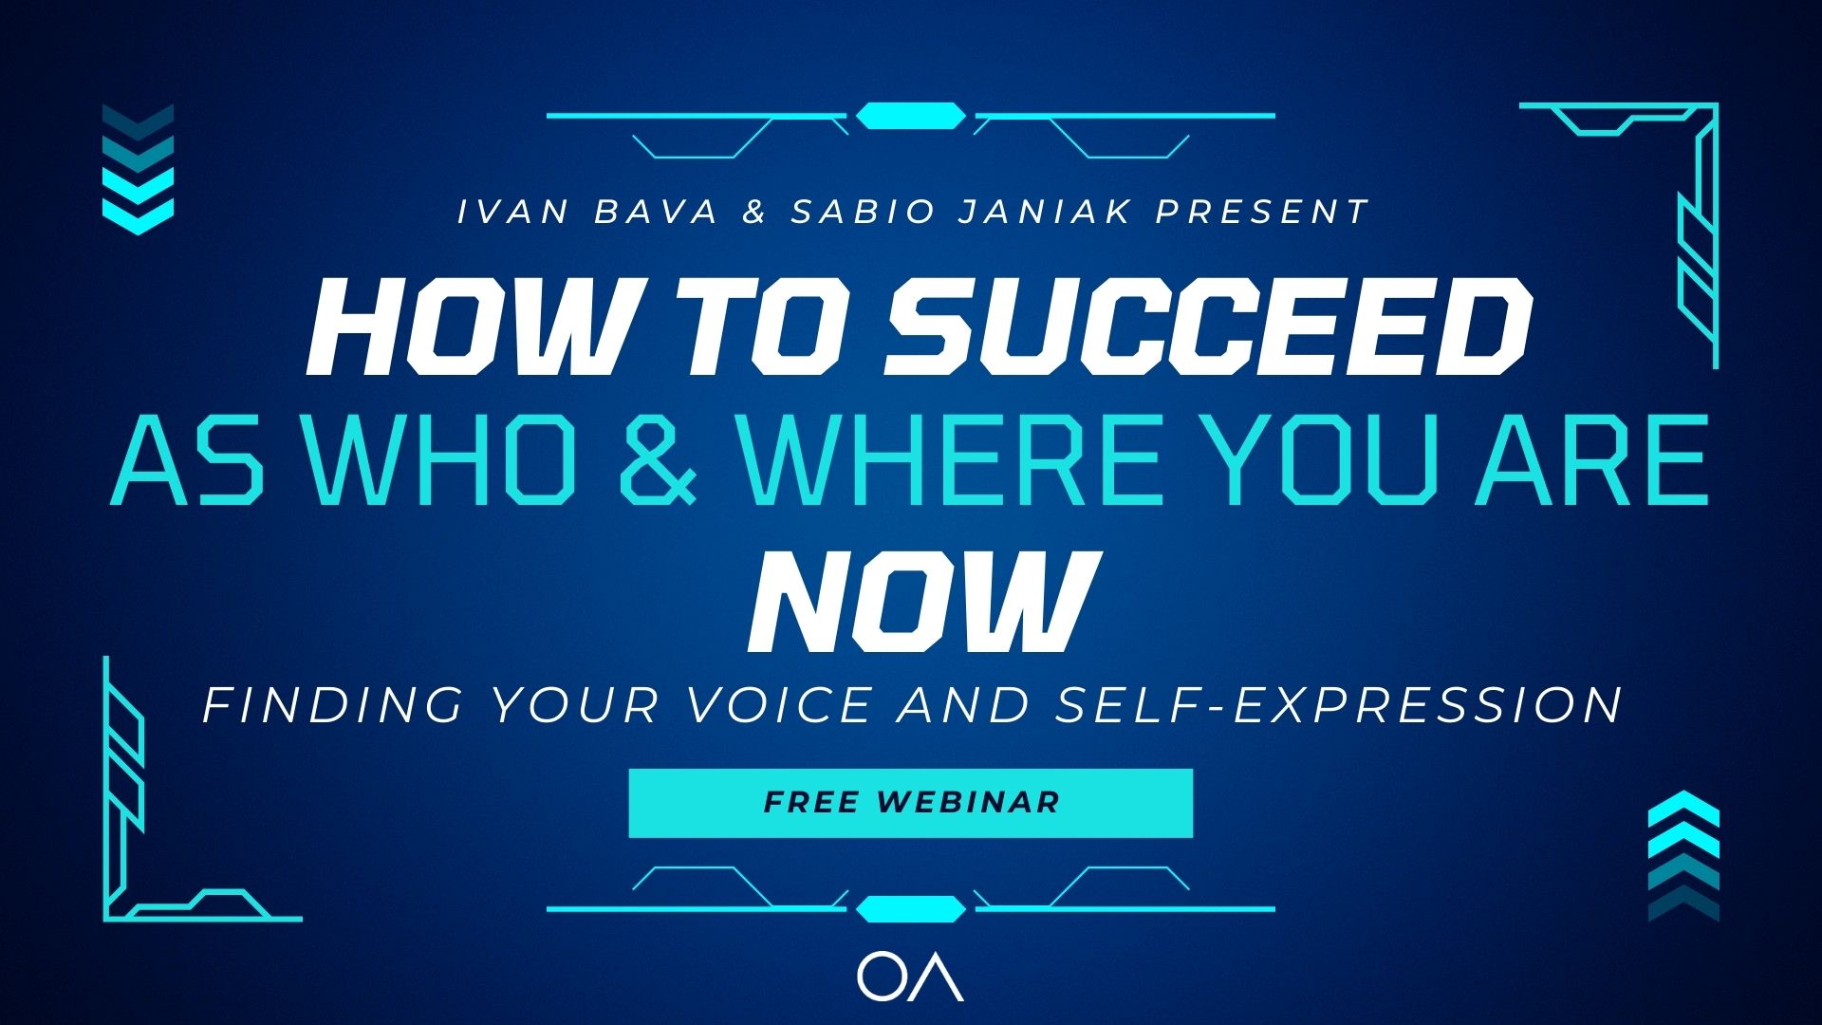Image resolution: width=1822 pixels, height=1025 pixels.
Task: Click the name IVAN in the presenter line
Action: coord(513,212)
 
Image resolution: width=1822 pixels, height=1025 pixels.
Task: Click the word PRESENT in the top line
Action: coord(1262,212)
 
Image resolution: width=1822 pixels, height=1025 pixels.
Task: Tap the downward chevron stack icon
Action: coord(138,169)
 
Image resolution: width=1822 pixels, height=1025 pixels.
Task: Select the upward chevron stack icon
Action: coord(1683,855)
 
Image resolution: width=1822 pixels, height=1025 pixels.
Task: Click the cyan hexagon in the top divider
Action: coord(911,116)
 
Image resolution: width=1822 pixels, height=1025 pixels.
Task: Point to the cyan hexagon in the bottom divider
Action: coord(911,909)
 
